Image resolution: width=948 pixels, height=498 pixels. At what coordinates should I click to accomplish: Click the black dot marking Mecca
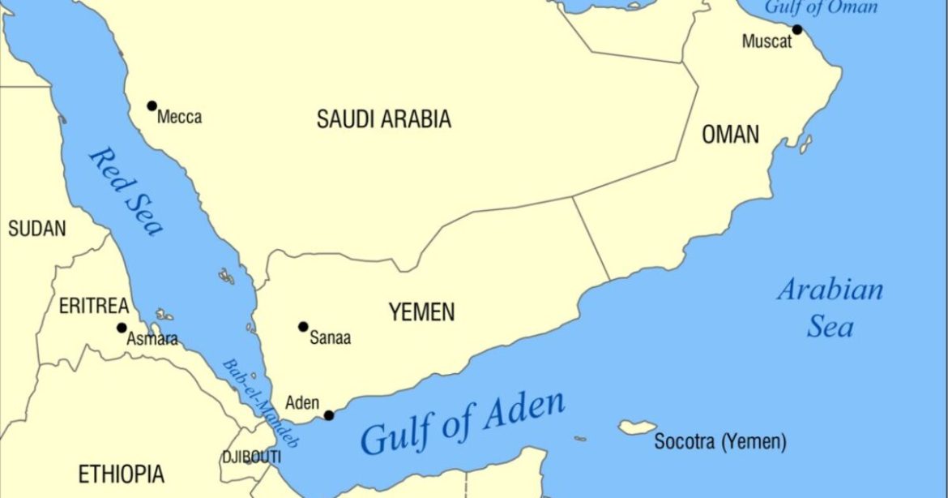click(152, 105)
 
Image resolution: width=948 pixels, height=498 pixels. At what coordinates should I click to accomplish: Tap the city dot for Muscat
click(796, 30)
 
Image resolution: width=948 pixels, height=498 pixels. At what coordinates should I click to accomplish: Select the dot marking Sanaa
click(303, 327)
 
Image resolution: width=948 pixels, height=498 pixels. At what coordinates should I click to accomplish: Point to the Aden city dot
click(329, 415)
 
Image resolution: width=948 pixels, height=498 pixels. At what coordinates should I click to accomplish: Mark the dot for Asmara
click(122, 328)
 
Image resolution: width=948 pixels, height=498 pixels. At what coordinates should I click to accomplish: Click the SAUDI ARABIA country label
click(383, 120)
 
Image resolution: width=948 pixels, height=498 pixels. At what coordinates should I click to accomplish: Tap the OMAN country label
click(730, 135)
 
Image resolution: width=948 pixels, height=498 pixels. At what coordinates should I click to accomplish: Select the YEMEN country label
click(421, 311)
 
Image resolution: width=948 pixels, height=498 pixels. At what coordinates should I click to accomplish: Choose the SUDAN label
click(36, 230)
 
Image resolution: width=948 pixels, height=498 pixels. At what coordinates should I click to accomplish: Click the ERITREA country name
click(94, 307)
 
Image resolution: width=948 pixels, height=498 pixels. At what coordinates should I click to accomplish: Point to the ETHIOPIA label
click(121, 474)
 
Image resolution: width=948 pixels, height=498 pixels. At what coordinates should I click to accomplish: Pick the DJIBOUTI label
click(251, 457)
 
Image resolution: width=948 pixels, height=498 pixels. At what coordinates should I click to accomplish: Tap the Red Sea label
click(126, 191)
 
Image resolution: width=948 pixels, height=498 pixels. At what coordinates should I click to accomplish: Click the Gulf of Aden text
click(463, 423)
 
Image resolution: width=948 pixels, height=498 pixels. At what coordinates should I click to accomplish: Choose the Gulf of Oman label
click(822, 7)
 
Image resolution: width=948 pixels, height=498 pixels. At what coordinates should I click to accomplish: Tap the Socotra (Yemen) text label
click(720, 443)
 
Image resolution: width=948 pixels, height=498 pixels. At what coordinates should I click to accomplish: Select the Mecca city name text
click(180, 118)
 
